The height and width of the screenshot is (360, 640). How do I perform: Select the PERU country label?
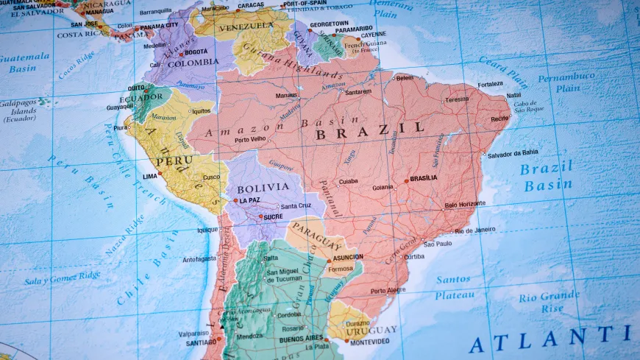click(x=174, y=160)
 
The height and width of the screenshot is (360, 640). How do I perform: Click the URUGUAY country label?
click(x=371, y=330)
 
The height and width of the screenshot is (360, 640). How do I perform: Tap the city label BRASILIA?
click(x=423, y=177)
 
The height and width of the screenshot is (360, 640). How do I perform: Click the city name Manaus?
click(x=287, y=96)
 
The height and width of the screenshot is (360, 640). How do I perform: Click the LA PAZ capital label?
click(x=249, y=200)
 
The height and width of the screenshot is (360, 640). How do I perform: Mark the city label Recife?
click(x=499, y=118)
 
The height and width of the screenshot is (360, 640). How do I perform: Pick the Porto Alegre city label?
click(x=388, y=290)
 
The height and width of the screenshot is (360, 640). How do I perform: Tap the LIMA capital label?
click(x=150, y=176)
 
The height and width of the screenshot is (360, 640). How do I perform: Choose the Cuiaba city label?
click(x=348, y=181)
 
